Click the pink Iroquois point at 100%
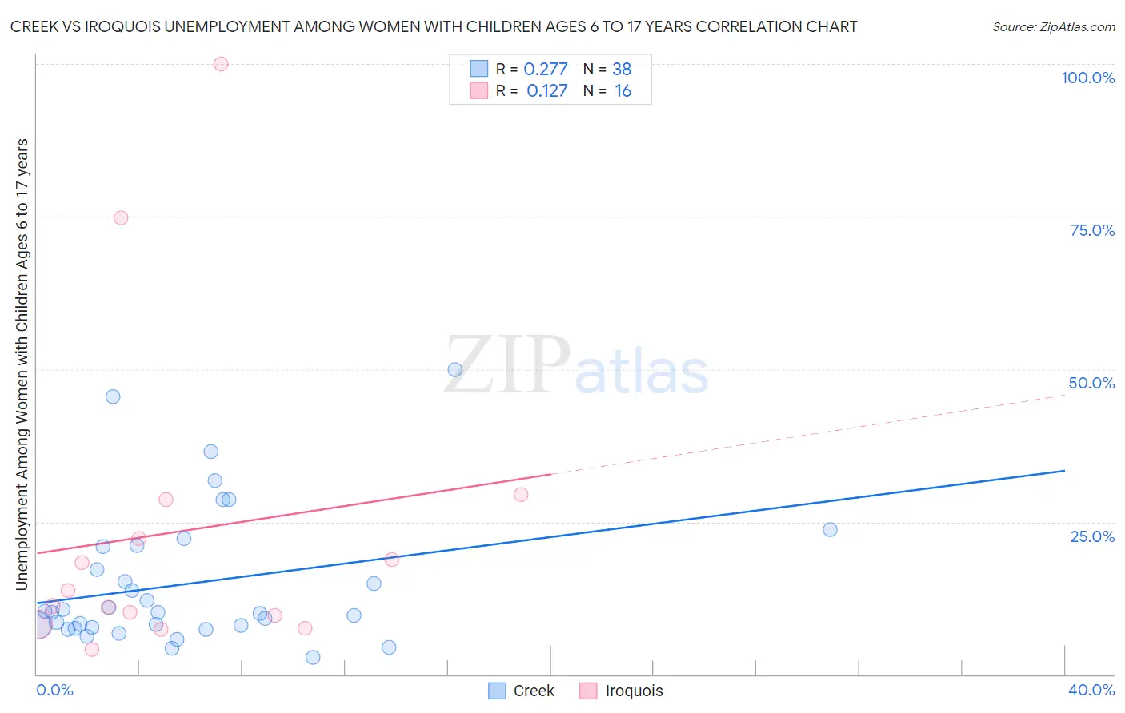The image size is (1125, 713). (221, 64)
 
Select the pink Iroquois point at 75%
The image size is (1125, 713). (121, 217)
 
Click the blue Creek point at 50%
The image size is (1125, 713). (455, 369)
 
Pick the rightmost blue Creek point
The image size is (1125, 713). (830, 529)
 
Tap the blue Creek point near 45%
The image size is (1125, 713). (113, 396)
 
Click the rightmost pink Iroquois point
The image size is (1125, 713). (521, 494)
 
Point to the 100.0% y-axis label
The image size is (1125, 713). (1087, 78)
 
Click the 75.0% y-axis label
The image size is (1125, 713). (1092, 230)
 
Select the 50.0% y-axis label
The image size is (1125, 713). (1091, 383)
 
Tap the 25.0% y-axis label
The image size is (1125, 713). (1092, 536)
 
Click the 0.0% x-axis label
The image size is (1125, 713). (54, 690)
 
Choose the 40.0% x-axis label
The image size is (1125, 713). (1091, 690)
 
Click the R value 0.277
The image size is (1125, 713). (546, 70)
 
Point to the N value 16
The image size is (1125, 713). (623, 91)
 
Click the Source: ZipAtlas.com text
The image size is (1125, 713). (1053, 26)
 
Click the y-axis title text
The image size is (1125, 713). (22, 364)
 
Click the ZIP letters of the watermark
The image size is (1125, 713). (507, 364)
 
